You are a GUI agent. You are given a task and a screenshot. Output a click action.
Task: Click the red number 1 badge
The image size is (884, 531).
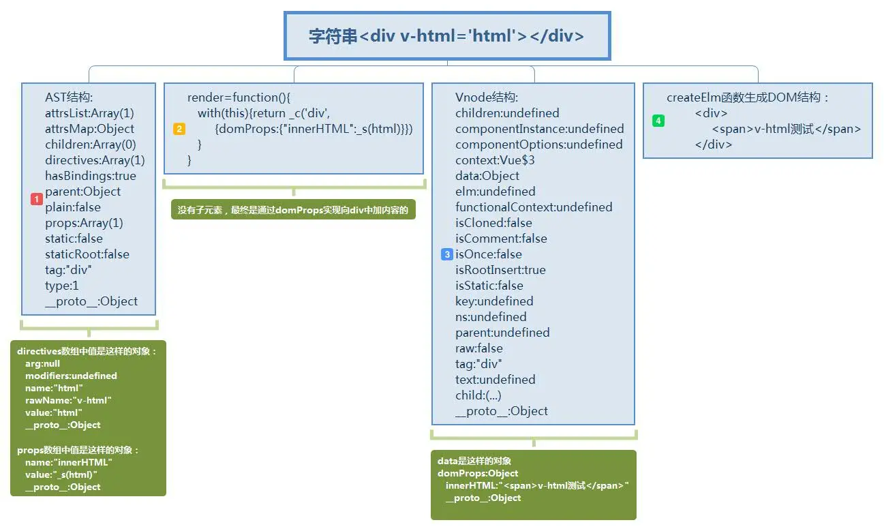(x=37, y=199)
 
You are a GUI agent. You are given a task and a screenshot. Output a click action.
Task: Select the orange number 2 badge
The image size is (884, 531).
(x=179, y=129)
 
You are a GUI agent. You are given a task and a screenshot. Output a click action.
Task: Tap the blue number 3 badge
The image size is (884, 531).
(x=447, y=254)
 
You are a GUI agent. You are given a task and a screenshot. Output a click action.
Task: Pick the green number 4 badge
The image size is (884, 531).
(x=658, y=121)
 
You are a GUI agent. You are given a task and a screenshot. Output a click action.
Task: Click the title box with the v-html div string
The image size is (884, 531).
(x=446, y=36)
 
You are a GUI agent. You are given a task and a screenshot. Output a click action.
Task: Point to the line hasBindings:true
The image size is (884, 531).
(x=91, y=176)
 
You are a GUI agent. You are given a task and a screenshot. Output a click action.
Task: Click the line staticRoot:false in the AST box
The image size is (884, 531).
(x=87, y=254)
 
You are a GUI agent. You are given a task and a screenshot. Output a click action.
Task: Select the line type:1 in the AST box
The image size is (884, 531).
(x=62, y=286)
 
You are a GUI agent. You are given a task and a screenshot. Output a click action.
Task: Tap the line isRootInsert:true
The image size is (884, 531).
(x=500, y=270)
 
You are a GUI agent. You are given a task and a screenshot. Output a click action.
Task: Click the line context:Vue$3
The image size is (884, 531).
(x=495, y=160)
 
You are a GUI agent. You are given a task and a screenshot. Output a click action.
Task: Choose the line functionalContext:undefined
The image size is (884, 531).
(x=534, y=207)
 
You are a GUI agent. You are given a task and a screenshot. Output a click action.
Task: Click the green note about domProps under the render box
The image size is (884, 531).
(x=293, y=211)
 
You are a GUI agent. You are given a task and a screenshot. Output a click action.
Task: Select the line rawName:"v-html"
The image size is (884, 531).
(x=68, y=400)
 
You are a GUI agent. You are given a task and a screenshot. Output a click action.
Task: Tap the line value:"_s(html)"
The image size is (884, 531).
(x=61, y=474)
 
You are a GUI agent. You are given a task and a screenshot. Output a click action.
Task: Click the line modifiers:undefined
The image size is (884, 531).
(x=71, y=376)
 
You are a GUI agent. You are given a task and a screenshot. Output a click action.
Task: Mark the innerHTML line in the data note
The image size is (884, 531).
(x=536, y=485)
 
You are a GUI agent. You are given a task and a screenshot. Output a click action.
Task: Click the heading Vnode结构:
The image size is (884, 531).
(x=487, y=97)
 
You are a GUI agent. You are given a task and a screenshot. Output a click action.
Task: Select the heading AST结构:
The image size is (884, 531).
(x=69, y=97)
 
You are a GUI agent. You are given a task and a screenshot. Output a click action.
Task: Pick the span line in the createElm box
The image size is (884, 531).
(x=786, y=129)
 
